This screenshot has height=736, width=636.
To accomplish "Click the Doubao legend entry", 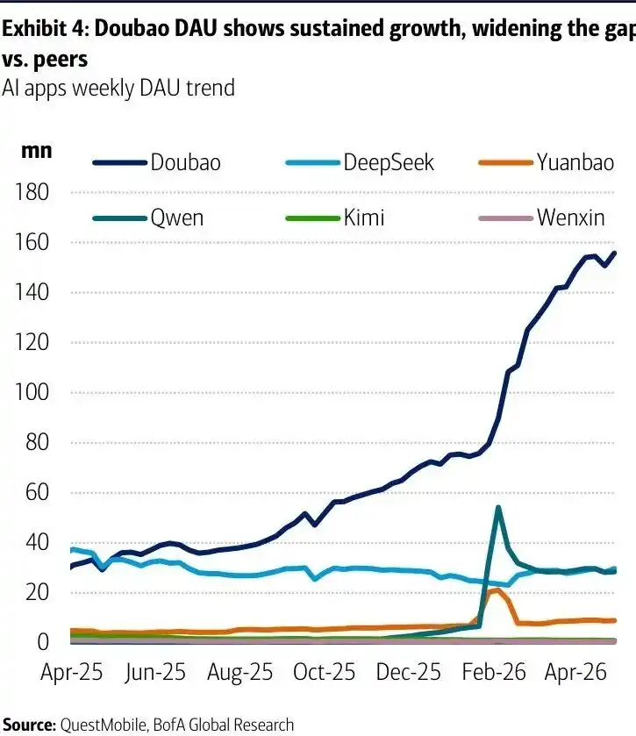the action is point(157,163).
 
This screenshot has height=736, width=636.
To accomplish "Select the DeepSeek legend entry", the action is point(360,163).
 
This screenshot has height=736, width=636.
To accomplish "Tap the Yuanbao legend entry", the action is point(547,163).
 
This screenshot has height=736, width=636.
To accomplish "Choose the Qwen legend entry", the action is point(148,218).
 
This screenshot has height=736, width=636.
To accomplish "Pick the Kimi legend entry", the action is point(335,218).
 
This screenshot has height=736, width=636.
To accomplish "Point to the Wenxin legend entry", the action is point(541,218).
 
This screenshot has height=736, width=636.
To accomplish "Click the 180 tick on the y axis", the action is point(32,192).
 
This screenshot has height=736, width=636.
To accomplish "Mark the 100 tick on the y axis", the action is point(32,392).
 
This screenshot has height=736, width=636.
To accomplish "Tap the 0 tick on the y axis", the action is point(43,641).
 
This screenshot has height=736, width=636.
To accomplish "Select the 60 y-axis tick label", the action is point(37,492).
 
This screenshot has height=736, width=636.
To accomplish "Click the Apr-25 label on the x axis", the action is point(71,672).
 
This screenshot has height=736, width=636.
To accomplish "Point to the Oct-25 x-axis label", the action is point(324,672).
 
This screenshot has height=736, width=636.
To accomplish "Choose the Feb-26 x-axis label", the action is point(494,672).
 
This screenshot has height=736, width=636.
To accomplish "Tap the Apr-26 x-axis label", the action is point(575,672).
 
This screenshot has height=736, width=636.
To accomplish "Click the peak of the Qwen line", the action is point(498,507).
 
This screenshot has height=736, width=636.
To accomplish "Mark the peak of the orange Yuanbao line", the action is point(497,590).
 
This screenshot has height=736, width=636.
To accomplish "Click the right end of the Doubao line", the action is point(614,253).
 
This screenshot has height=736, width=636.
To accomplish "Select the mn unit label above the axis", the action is point(37,151).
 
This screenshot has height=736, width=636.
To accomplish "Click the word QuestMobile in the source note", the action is point(104,725).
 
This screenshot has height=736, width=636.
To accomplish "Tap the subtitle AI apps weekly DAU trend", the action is point(118,88).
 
